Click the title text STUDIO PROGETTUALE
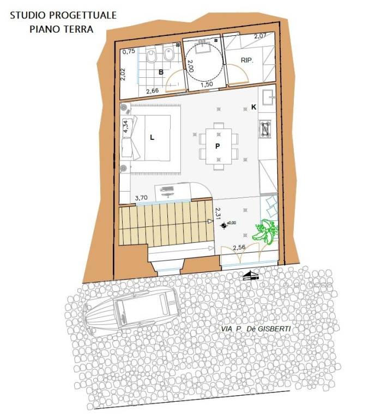pos(63,15)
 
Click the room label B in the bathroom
pos(161,71)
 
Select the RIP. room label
pos(247,60)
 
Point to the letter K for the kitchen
pos(253,107)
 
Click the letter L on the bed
pos(152,137)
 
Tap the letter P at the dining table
pos(217,146)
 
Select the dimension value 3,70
pos(142,198)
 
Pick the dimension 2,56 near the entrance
pos(240,248)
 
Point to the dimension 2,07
pos(260,37)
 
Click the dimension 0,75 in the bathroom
pos(129,52)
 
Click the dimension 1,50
pos(207,85)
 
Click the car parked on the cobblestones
pos(131,312)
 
